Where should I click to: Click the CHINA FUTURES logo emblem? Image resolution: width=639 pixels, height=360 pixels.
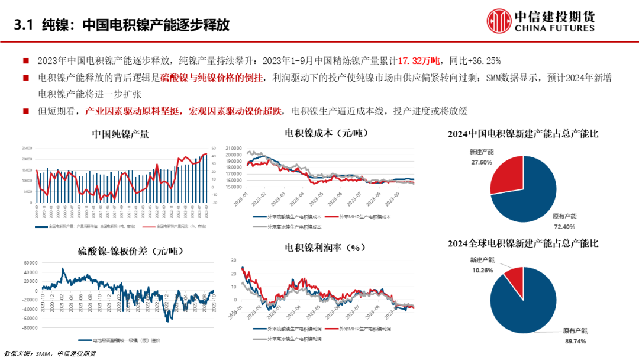click(x=499, y=21)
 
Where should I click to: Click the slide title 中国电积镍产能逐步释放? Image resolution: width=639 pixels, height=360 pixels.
click(x=156, y=25)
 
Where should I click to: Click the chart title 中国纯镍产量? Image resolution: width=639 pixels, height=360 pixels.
click(x=120, y=134)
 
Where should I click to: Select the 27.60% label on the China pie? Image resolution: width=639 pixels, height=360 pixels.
click(x=482, y=162)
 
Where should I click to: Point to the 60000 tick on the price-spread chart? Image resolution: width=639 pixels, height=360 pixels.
click(x=30, y=263)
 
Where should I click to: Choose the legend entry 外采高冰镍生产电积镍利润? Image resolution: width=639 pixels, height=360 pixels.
click(x=293, y=339)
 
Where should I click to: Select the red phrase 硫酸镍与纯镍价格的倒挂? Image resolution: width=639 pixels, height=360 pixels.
click(x=211, y=78)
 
